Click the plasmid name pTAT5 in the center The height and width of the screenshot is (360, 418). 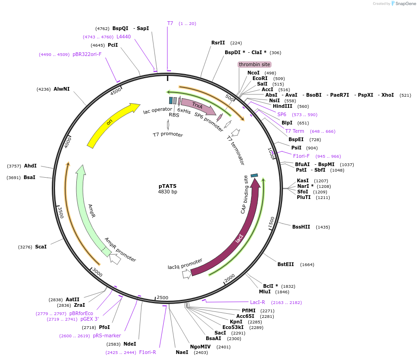coord(167,186)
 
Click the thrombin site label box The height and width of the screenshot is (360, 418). coord(254,64)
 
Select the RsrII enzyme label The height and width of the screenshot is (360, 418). coord(218,43)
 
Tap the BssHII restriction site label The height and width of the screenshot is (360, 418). coord(301,227)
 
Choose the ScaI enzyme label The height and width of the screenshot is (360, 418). coord(41,247)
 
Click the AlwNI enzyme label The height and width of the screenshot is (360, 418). coord(61,89)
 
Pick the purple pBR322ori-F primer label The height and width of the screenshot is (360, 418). coord(87,54)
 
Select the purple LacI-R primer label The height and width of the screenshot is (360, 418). coord(258,302)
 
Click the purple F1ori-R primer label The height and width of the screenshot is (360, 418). coord(148,352)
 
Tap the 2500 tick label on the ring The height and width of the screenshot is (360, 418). coord(163,298)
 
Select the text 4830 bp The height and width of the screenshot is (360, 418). coord(167,192)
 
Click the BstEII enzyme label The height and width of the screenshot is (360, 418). coord(286,264)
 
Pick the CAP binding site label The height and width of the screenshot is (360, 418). coord(245,194)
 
